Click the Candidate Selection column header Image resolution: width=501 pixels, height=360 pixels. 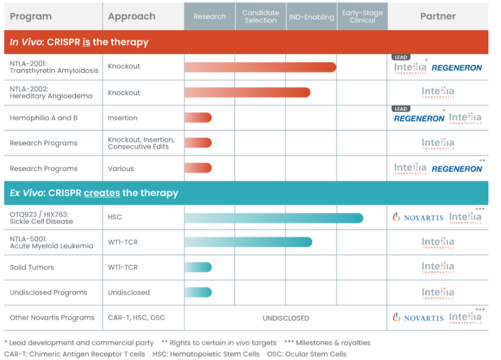point(261,17)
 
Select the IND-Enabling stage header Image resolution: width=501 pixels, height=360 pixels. point(311,17)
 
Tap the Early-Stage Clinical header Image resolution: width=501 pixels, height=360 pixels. point(362,17)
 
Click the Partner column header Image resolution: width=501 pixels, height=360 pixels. point(437,17)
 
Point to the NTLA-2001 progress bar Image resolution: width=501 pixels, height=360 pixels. point(260,67)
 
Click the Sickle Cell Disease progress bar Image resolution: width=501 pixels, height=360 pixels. point(274,218)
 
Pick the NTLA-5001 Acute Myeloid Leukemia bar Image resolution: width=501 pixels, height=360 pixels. point(248,242)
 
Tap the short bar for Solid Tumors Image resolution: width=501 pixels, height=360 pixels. point(198,267)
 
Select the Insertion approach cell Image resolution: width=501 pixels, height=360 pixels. point(122,118)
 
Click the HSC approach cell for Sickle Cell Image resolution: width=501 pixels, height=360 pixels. point(115,217)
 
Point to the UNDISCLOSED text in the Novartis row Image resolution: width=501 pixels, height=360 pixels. point(286,318)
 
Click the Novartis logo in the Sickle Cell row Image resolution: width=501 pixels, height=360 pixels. point(418,218)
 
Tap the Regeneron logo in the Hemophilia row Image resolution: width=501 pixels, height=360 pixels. point(419,119)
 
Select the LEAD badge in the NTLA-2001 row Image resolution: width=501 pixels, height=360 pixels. point(401,58)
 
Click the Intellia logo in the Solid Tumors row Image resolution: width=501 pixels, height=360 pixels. point(437,267)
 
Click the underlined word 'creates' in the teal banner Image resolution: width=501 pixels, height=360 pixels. point(102,193)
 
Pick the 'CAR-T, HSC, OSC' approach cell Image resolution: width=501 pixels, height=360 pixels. point(136,318)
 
